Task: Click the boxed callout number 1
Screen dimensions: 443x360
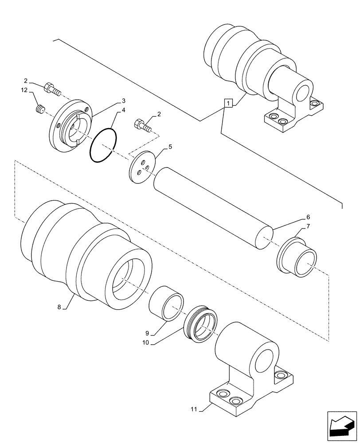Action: (x=228, y=104)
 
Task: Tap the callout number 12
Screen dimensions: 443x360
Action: (x=24, y=90)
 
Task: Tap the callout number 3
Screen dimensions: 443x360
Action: (x=123, y=101)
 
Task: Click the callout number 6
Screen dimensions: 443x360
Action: (x=307, y=218)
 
